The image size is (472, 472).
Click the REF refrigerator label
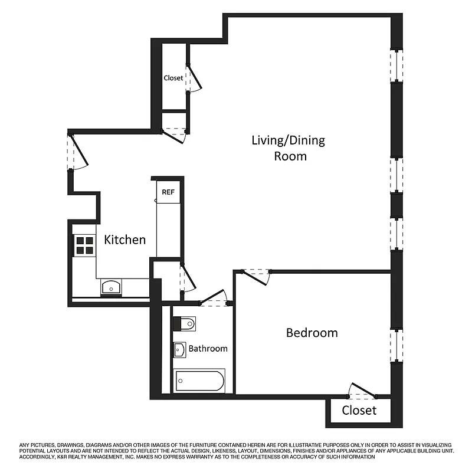click(x=168, y=191)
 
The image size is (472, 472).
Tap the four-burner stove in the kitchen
click(x=84, y=245)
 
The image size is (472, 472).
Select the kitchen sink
click(x=110, y=287)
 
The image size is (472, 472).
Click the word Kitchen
click(x=124, y=240)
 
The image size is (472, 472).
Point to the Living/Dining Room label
click(x=289, y=148)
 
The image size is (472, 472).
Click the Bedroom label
click(x=312, y=333)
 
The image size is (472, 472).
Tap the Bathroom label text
click(x=208, y=349)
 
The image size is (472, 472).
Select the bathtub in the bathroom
click(x=200, y=381)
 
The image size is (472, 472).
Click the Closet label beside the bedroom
click(x=359, y=410)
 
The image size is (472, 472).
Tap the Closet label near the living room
click(x=173, y=78)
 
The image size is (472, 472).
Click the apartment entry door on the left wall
click(x=77, y=153)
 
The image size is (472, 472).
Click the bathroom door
click(x=215, y=299)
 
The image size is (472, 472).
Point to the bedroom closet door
click(x=361, y=392)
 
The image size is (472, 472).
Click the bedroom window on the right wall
click(x=396, y=345)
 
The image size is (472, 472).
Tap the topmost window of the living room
click(x=396, y=65)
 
